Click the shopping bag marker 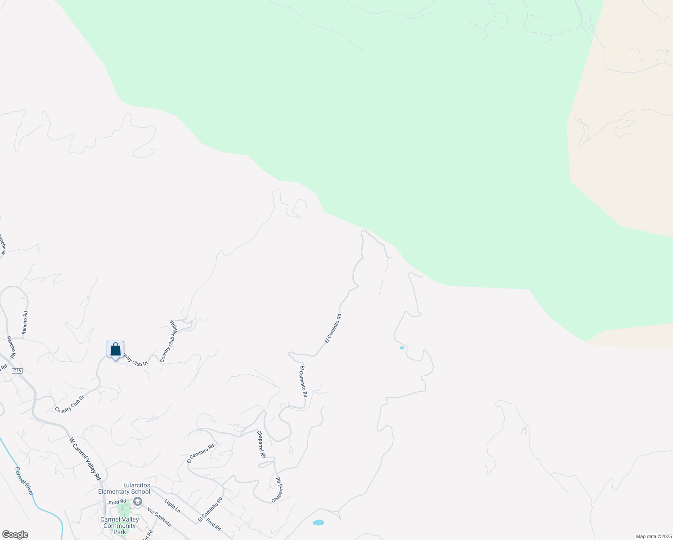coord(115,350)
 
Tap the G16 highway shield coord(17,371)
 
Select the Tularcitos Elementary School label coord(124,488)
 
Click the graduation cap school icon coord(138,501)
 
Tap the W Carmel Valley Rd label coord(85,459)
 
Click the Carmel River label coord(24,481)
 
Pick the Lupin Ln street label coord(172,506)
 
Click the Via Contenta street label coord(159,517)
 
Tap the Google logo coord(14,535)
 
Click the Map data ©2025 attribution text coord(653,536)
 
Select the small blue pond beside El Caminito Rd coord(402,348)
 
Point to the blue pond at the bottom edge coord(318,522)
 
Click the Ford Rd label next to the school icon coord(117,502)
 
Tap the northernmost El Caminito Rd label coord(333,328)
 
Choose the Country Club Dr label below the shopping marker coord(69,404)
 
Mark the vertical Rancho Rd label coord(25,323)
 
